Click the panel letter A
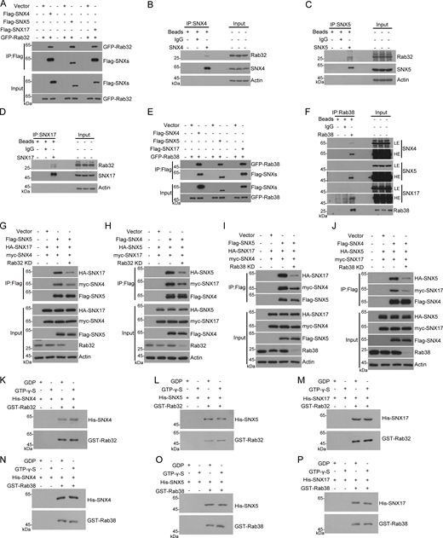[x=5, y=6]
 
